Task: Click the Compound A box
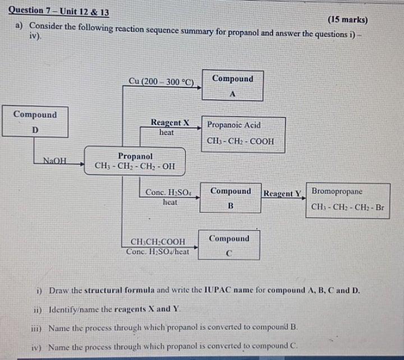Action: click(x=232, y=85)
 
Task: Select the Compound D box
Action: click(x=35, y=121)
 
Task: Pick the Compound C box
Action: click(x=228, y=245)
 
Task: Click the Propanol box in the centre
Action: click(x=135, y=161)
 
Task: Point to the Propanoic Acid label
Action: click(x=234, y=125)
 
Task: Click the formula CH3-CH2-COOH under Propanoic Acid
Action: click(x=240, y=141)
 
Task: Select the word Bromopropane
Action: click(x=337, y=192)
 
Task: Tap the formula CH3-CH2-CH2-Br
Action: click(x=348, y=207)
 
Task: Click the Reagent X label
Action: click(x=169, y=122)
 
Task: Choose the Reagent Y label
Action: click(x=283, y=194)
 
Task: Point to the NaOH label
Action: click(x=54, y=161)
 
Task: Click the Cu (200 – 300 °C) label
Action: click(x=161, y=81)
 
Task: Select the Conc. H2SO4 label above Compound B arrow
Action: click(x=169, y=192)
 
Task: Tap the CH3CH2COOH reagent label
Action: click(x=158, y=242)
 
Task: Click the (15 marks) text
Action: click(x=348, y=20)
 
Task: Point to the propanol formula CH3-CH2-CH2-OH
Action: click(x=135, y=166)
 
